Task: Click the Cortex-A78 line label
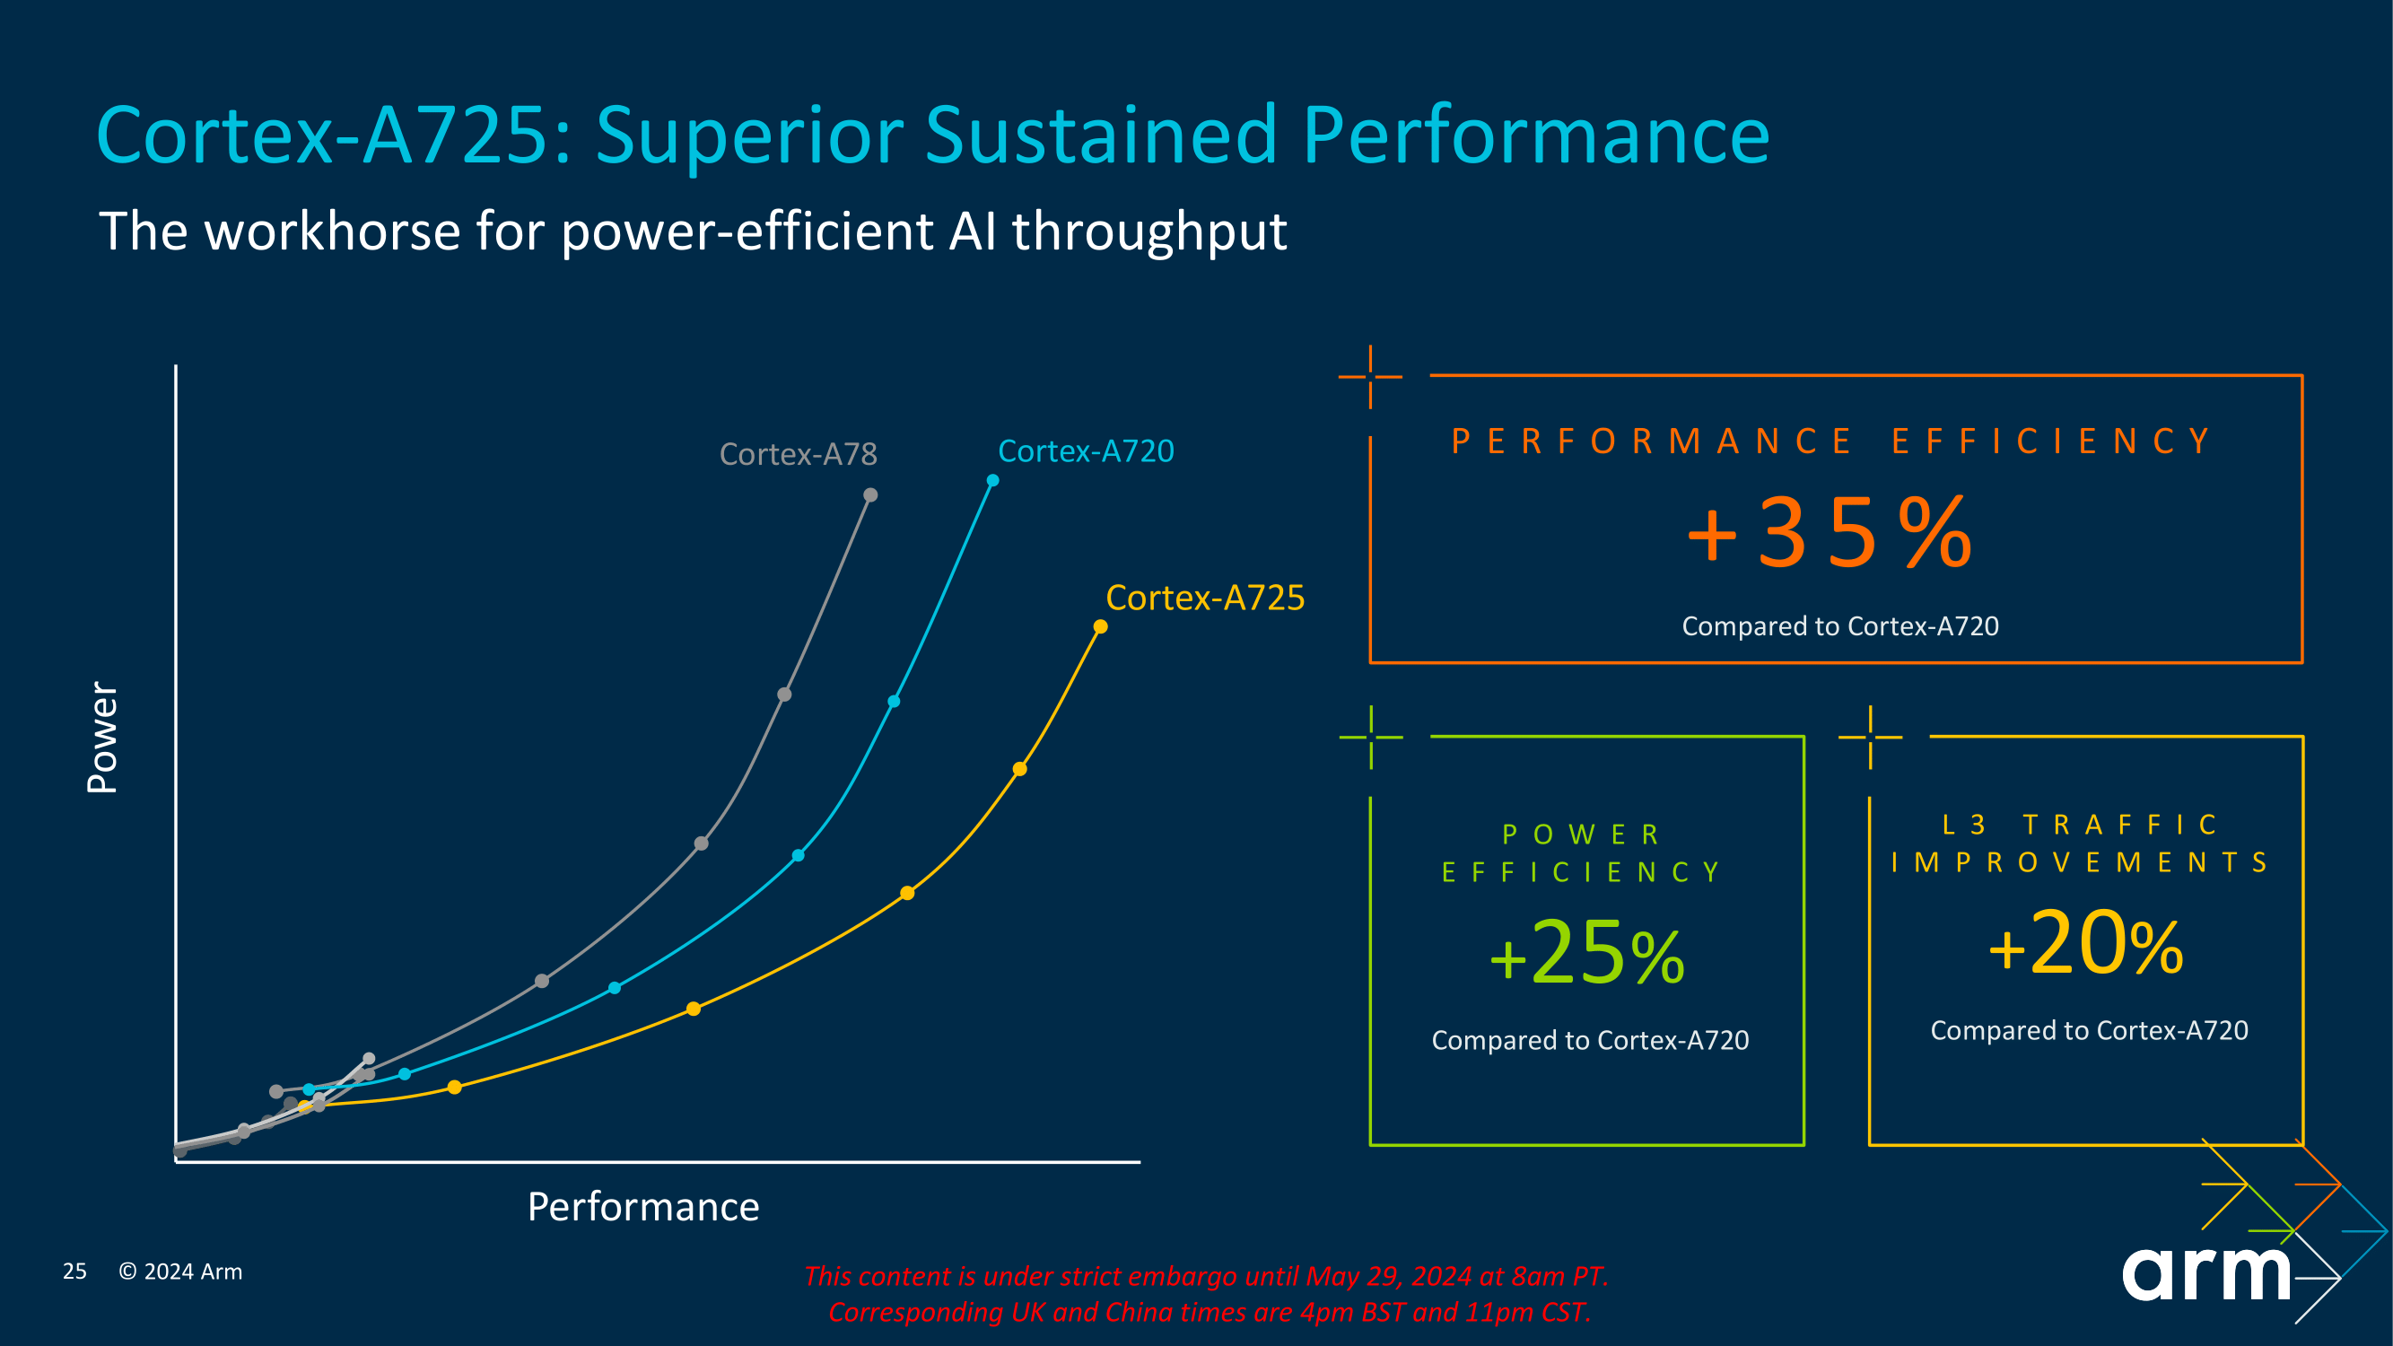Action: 798,454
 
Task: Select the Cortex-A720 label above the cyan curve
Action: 1085,451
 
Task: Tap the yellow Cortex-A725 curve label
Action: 1205,599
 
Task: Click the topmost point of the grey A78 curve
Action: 870,495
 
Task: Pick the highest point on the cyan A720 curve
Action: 993,480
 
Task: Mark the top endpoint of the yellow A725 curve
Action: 1101,627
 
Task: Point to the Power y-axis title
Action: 102,738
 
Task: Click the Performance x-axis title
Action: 642,1207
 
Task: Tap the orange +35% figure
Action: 1829,533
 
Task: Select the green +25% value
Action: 1586,954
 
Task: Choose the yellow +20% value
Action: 2085,945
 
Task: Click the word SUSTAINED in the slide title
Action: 1102,135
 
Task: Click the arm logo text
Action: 2206,1273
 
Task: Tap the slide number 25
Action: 74,1271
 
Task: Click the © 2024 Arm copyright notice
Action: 180,1271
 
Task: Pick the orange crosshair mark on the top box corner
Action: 1370,376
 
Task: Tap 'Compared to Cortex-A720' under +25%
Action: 1589,1040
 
